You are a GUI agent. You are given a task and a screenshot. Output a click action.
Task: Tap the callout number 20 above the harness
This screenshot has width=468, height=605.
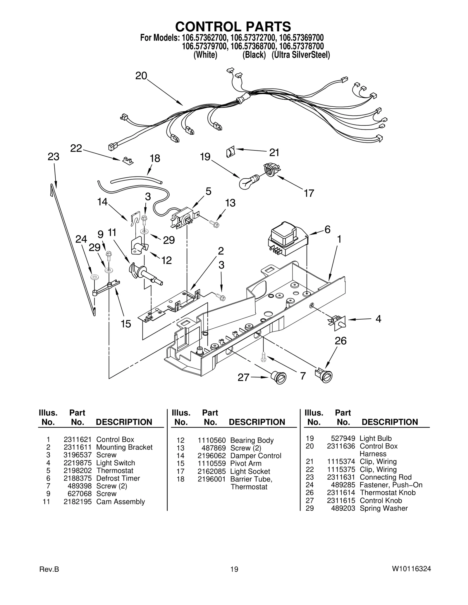pyautogui.click(x=141, y=76)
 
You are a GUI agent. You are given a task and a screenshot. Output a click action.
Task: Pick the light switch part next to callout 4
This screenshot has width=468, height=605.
pyautogui.click(x=338, y=322)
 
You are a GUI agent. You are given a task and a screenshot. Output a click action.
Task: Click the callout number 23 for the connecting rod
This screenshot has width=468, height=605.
pyautogui.click(x=54, y=157)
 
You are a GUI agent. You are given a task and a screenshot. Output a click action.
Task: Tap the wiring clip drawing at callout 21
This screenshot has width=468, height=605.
pyautogui.click(x=230, y=152)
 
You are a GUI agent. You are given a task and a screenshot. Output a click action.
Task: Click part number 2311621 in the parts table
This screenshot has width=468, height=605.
pyautogui.click(x=78, y=439)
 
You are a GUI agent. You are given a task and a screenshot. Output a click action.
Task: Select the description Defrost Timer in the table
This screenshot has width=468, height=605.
pyautogui.click(x=118, y=478)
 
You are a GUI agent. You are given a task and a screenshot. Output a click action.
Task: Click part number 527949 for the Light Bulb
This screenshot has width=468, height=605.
pyautogui.click(x=343, y=438)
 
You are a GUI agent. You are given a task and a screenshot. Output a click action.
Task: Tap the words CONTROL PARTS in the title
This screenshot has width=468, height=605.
pyautogui.click(x=233, y=27)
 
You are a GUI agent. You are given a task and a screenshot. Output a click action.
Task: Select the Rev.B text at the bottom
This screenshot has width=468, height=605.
pyautogui.click(x=49, y=569)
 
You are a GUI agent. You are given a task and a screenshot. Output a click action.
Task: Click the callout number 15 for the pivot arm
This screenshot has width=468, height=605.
pyautogui.click(x=126, y=324)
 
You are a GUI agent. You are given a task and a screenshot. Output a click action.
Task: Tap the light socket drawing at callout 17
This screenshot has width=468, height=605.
pyautogui.click(x=271, y=169)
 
